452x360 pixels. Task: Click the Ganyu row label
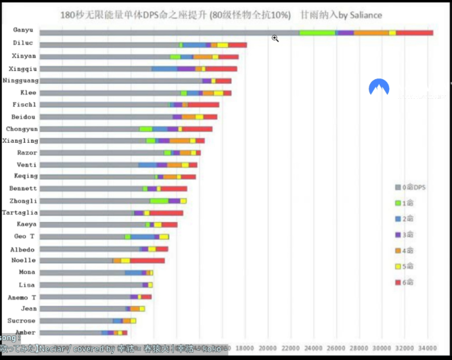23,30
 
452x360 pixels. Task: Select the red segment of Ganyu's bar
415,32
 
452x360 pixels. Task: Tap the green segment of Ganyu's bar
317,32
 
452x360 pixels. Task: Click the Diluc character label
23,43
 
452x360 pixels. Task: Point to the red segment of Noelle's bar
147,261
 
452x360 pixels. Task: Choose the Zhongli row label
23,201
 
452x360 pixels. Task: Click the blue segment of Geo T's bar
142,237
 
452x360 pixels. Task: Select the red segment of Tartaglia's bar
166,212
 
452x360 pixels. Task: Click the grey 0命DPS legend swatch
398,187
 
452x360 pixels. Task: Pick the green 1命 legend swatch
398,202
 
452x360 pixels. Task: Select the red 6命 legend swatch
398,282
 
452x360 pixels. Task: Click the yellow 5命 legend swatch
398,267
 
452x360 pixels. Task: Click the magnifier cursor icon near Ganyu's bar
275,39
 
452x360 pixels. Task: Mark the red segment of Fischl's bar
204,105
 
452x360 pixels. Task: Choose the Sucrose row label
22,320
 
